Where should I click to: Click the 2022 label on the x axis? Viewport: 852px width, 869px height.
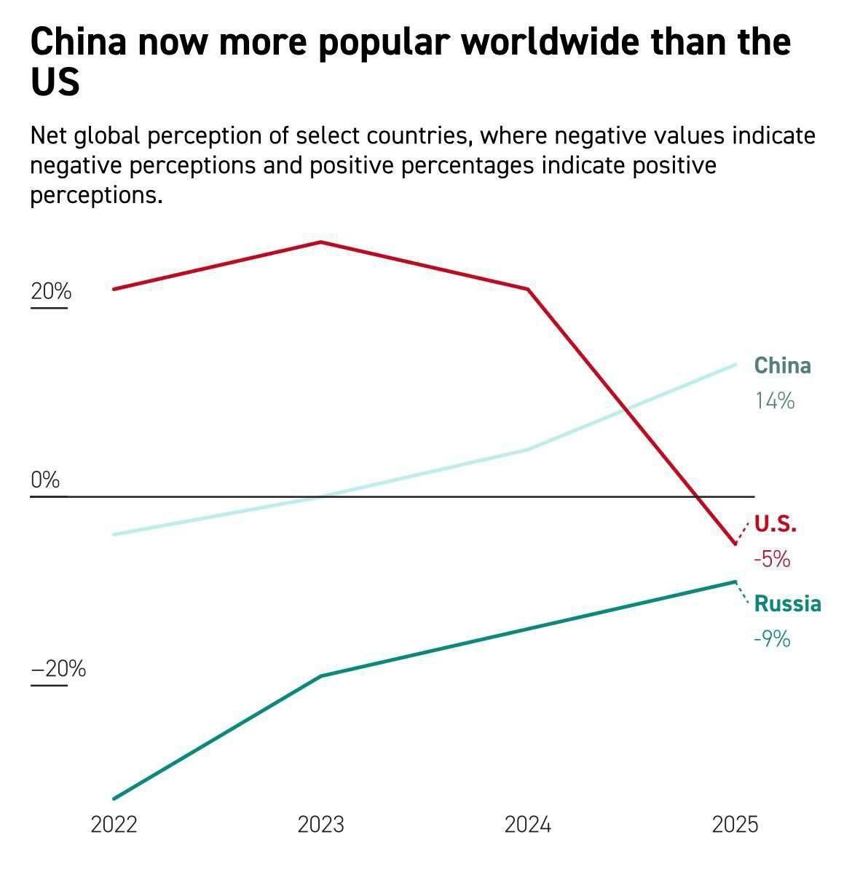(x=114, y=825)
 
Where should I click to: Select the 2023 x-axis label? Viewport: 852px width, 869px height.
(x=320, y=825)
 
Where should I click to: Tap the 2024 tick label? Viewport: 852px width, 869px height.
(x=528, y=825)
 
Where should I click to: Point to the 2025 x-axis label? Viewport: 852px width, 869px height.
(x=735, y=825)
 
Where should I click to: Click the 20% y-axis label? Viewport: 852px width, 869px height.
(x=51, y=292)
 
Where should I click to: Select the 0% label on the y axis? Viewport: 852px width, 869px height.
(x=45, y=480)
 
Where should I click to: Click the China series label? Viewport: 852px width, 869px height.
(x=782, y=365)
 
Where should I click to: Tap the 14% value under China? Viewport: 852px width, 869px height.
(x=774, y=400)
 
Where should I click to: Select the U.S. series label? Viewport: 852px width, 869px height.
(x=775, y=523)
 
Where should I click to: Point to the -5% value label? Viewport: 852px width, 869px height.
(x=772, y=559)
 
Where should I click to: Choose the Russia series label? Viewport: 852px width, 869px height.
(x=787, y=603)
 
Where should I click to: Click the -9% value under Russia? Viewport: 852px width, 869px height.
(x=772, y=639)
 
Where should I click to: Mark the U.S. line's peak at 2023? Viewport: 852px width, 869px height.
(x=320, y=242)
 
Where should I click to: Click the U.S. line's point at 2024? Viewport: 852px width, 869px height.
(x=528, y=289)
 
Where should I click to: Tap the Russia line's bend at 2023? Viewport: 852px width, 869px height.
(x=320, y=676)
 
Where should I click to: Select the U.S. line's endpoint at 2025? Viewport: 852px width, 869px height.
(x=735, y=544)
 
